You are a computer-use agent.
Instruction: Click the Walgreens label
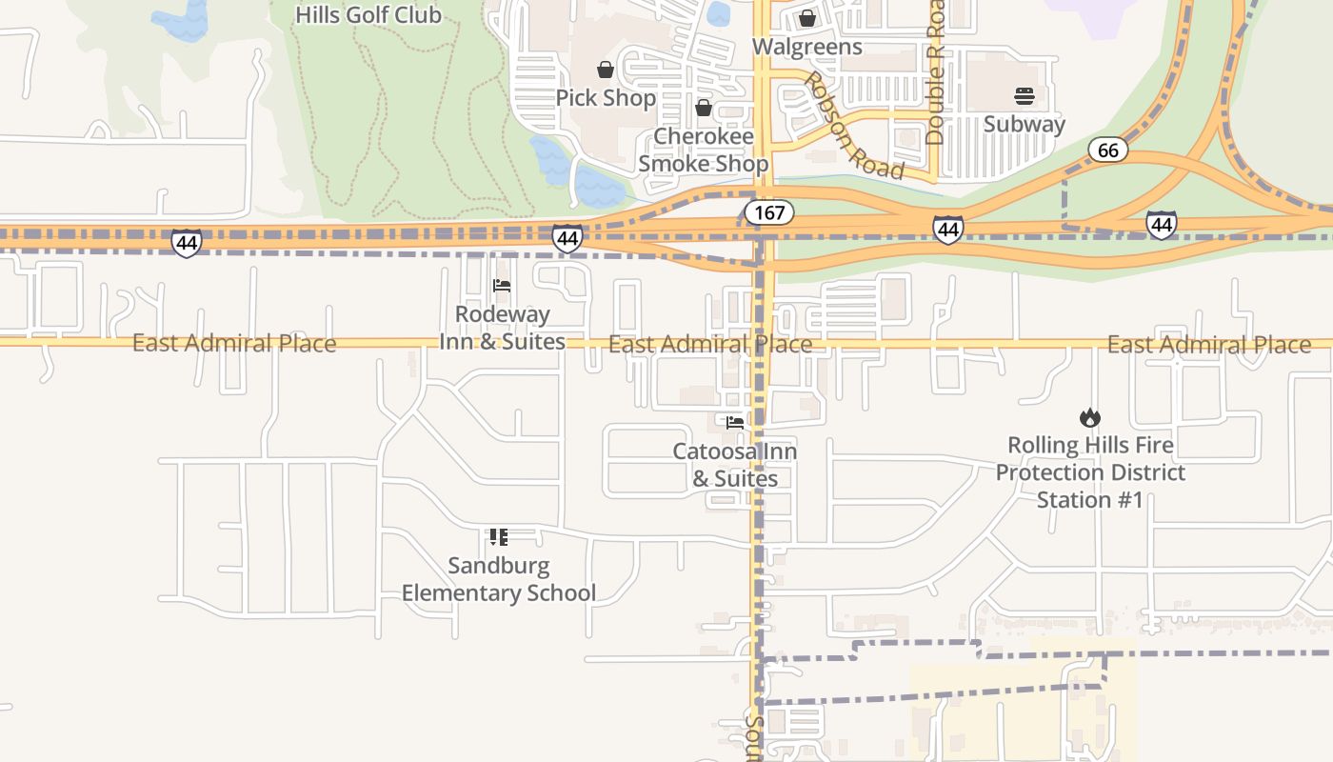coord(806,47)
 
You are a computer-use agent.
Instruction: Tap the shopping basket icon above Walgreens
coord(807,18)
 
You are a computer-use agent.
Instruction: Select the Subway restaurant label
coord(1024,124)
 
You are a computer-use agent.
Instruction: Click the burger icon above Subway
coord(1025,95)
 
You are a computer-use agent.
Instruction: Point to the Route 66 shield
coord(1107,150)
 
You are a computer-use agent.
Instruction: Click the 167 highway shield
coord(768,212)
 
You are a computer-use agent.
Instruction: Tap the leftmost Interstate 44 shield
coord(187,243)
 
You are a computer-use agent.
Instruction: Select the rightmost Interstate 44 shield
coord(1161,225)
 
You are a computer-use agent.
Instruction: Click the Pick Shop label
coord(606,98)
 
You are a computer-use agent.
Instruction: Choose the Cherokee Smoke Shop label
coord(704,150)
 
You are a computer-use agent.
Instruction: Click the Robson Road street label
coord(853,125)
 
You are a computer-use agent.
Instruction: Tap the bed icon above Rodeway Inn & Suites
coord(502,286)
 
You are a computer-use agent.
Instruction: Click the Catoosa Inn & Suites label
coord(734,465)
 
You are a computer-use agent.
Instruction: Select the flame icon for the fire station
coord(1090,417)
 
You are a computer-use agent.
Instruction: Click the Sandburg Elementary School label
coord(498,579)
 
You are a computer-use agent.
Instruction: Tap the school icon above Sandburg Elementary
coord(498,537)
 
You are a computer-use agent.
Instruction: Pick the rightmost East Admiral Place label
coord(1208,345)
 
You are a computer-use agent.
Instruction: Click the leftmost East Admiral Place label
coord(233,343)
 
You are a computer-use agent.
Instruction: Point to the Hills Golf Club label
coord(368,14)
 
